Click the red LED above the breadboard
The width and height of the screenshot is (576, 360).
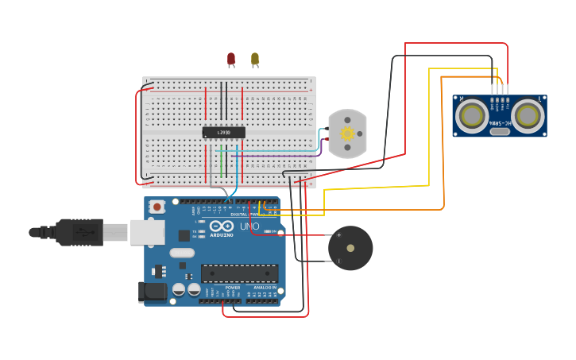(231, 59)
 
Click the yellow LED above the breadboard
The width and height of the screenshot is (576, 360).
(254, 59)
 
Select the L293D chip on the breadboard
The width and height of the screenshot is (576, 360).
(223, 133)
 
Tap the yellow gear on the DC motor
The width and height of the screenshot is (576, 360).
(347, 134)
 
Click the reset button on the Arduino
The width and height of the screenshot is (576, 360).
(157, 207)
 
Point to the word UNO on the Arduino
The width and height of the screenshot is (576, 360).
(249, 226)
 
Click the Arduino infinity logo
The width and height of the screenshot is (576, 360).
(222, 226)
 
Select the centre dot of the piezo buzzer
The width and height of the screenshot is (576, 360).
(350, 248)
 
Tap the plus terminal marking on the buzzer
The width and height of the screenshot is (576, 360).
(339, 235)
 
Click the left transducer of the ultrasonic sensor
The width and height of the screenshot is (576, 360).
(472, 116)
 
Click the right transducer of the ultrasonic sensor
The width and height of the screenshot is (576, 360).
(527, 116)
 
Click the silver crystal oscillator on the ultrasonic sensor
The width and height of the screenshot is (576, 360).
(500, 131)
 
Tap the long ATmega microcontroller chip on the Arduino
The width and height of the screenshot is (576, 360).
(239, 273)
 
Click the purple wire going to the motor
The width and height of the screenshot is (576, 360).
(278, 156)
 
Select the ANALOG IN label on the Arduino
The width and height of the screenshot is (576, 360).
(265, 288)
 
